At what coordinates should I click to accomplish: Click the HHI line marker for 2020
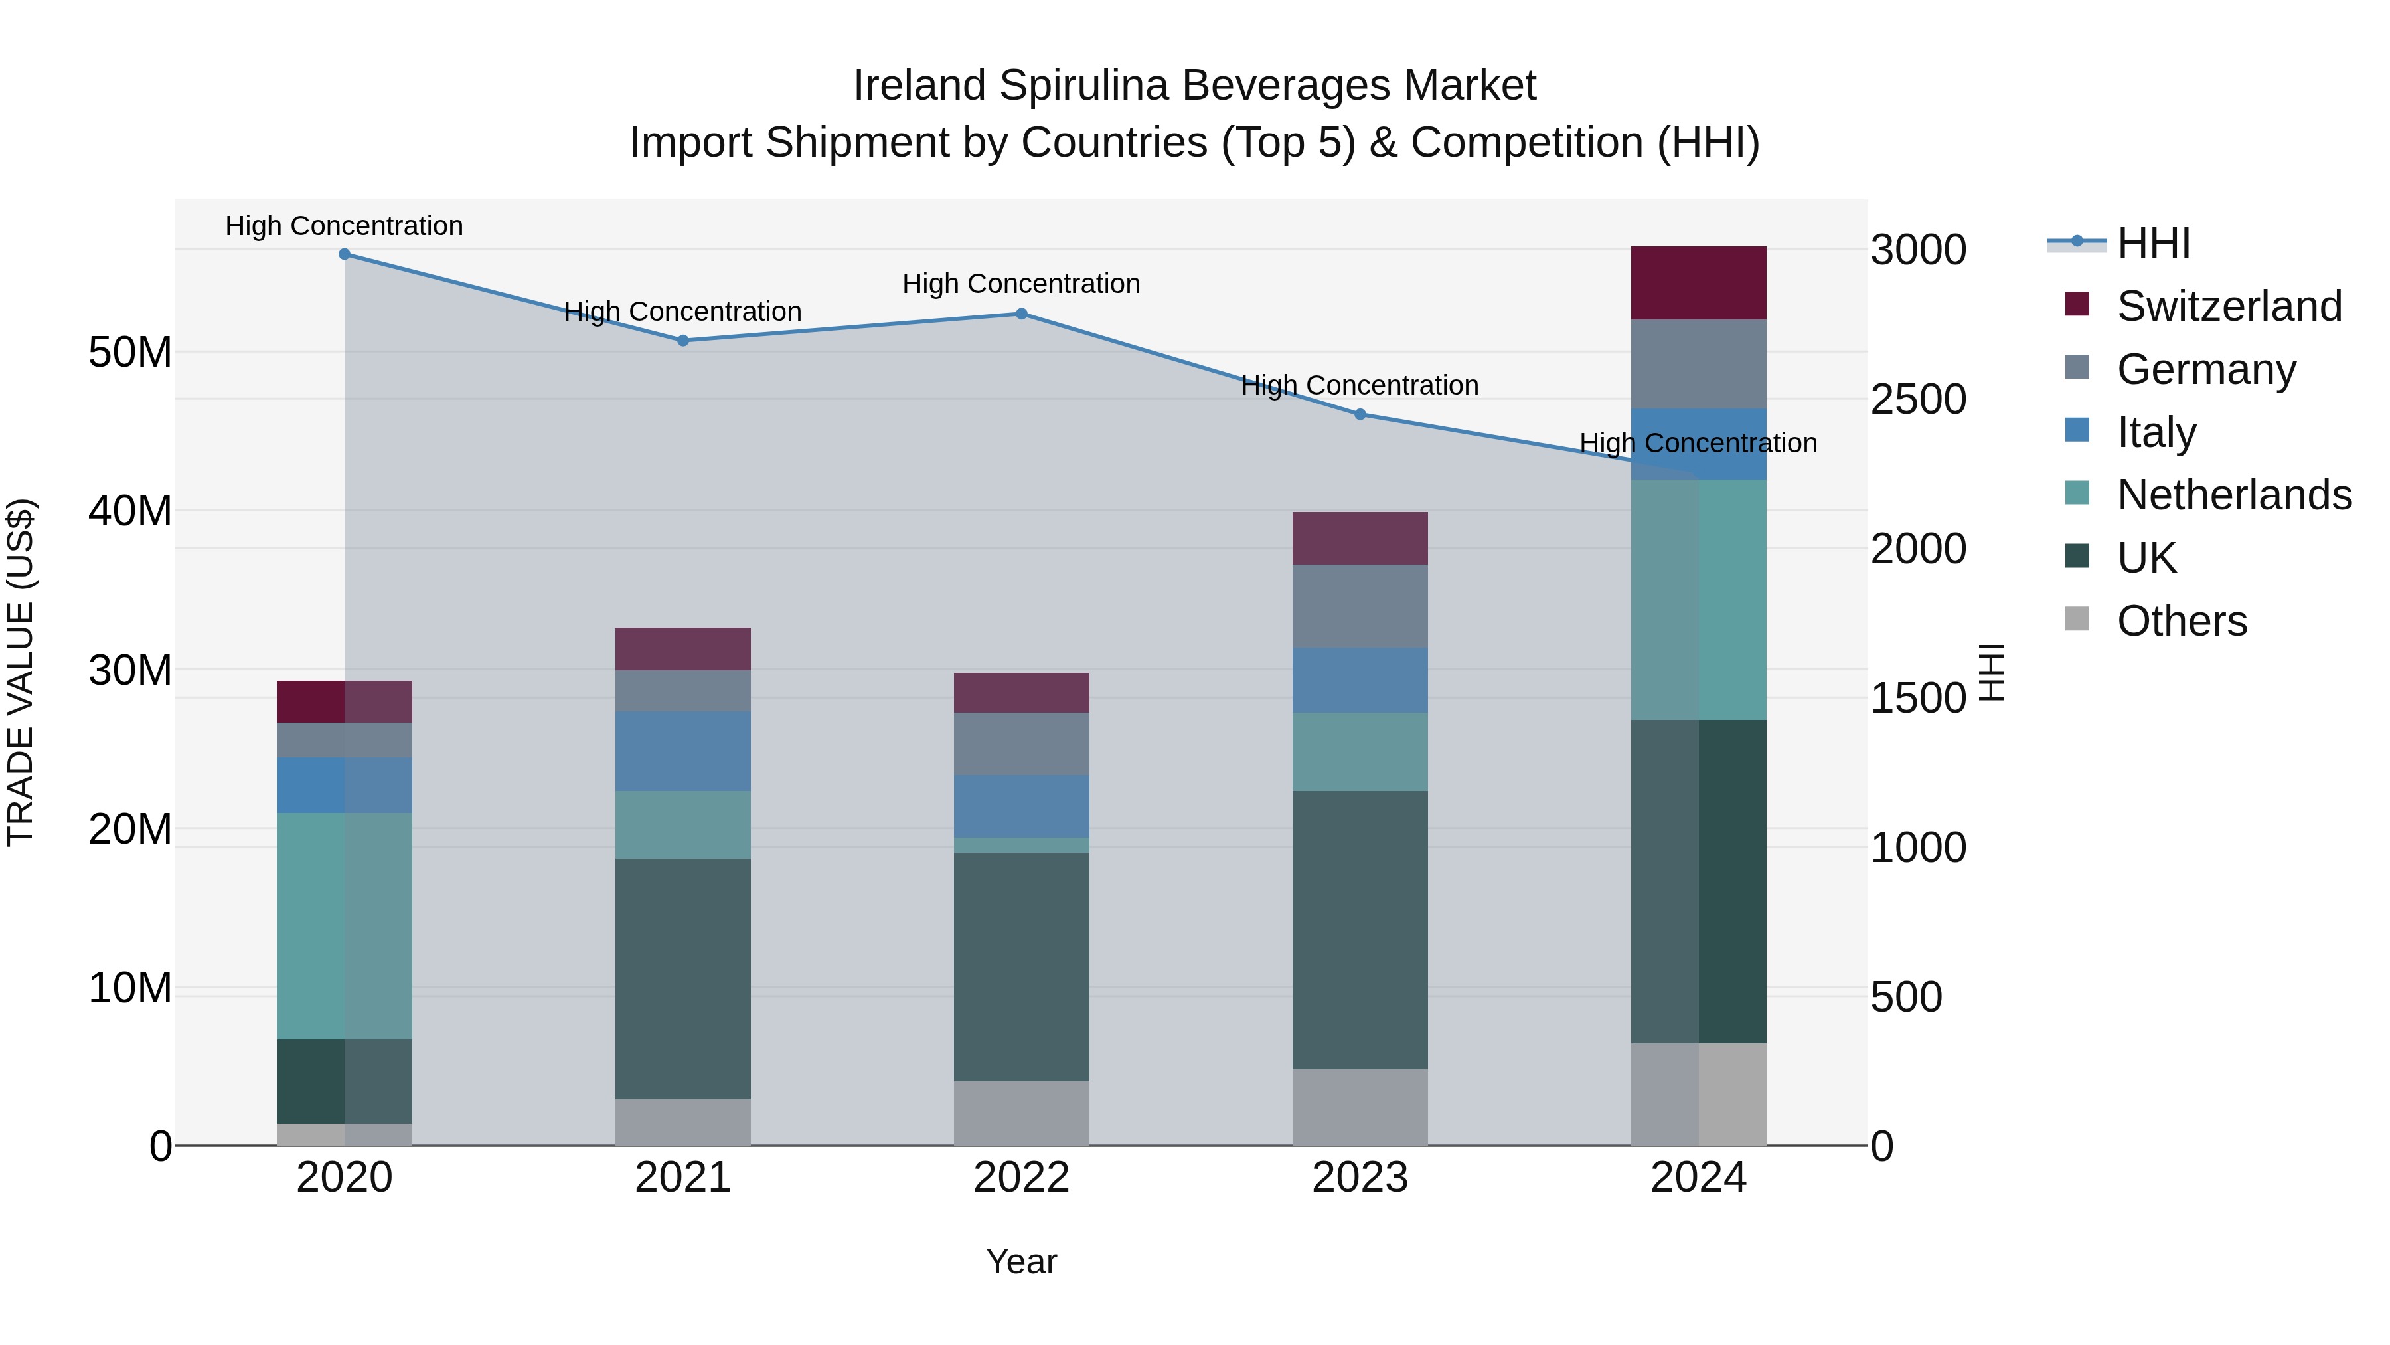point(344,254)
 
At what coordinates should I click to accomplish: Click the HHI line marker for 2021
point(683,341)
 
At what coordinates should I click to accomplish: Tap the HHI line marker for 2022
point(1022,314)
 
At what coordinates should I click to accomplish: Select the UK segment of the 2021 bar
point(683,978)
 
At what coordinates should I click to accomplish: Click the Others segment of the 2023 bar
point(1360,1107)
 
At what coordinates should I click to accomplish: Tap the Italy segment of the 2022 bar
point(1022,806)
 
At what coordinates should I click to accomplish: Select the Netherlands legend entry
point(2234,495)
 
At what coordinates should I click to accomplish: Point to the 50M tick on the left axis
point(130,353)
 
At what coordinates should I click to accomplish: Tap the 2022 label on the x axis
point(1022,1178)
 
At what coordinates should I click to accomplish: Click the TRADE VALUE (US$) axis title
point(21,672)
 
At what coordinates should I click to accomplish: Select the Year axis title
point(1022,1261)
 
